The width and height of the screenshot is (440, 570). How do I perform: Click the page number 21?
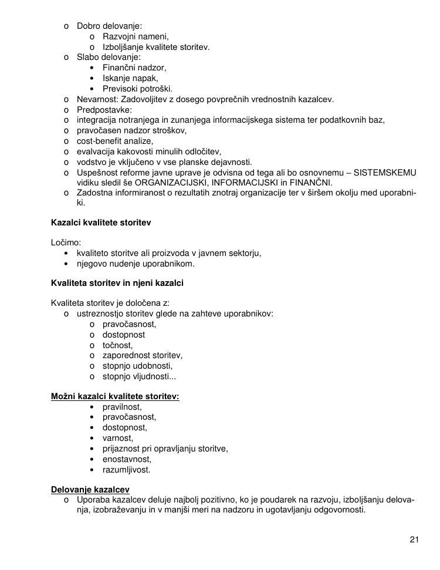click(414, 540)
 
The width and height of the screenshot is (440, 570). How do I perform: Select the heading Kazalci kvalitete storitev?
click(101, 223)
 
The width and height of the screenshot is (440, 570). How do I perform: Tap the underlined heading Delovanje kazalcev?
click(90, 490)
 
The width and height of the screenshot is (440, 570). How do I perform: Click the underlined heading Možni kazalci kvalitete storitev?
click(115, 397)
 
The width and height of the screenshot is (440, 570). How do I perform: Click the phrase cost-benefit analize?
click(115, 141)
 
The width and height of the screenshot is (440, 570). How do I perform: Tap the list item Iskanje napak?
click(130, 78)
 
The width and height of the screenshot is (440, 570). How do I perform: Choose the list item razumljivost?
click(126, 470)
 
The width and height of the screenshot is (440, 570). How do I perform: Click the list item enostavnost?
click(127, 460)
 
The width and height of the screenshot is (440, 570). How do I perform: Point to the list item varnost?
click(117, 439)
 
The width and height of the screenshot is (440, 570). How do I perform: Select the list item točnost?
click(117, 345)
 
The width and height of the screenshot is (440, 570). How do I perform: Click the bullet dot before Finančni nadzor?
click(93, 68)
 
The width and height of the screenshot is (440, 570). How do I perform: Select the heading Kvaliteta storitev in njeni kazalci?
click(117, 284)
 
